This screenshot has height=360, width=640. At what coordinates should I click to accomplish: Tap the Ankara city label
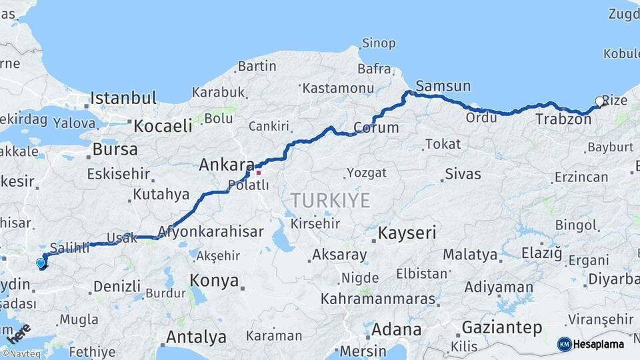(x=226, y=165)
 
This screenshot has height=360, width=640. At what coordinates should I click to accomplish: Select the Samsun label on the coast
(x=443, y=86)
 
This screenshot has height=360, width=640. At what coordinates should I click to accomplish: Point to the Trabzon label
(x=563, y=119)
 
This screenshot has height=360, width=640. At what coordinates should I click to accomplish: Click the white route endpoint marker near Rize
(x=599, y=102)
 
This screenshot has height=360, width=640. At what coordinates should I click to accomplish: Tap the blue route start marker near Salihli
(x=41, y=263)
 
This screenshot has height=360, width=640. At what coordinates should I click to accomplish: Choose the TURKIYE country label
(x=330, y=200)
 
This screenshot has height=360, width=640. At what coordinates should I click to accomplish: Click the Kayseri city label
(x=407, y=233)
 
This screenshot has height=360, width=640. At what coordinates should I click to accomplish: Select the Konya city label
(x=214, y=281)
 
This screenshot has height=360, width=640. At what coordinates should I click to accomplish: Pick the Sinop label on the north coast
(x=379, y=44)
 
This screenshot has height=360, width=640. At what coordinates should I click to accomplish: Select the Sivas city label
(x=463, y=175)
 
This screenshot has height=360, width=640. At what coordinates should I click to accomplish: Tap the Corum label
(x=376, y=127)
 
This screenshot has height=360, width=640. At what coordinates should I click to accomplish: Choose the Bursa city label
(x=115, y=149)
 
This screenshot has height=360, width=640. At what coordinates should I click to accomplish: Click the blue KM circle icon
(x=565, y=344)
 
